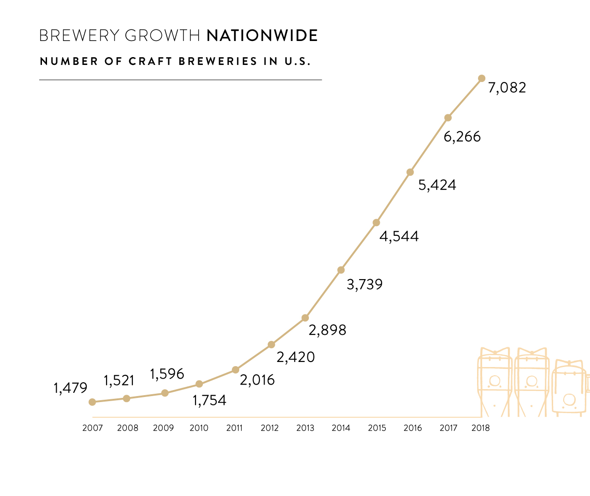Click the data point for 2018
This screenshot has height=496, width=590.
pyautogui.click(x=482, y=78)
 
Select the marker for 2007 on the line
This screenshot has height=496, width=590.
pyautogui.click(x=92, y=402)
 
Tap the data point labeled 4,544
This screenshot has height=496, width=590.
pyautogui.click(x=376, y=222)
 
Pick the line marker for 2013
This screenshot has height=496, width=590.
pyautogui.click(x=305, y=318)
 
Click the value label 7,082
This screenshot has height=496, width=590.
pyautogui.click(x=507, y=88)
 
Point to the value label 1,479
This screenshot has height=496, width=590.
pyautogui.click(x=71, y=388)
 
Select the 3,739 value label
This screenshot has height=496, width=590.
pyautogui.click(x=365, y=285)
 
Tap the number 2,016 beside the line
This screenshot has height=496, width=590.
pyautogui.click(x=257, y=380)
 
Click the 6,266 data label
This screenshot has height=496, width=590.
pyautogui.click(x=462, y=137)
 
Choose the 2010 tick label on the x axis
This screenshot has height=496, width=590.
pyautogui.click(x=199, y=428)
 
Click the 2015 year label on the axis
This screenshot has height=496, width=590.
pyautogui.click(x=377, y=428)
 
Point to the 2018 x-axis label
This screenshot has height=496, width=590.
pyautogui.click(x=481, y=428)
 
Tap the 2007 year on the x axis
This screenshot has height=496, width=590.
pyautogui.click(x=93, y=428)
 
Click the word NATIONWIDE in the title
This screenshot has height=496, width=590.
pyautogui.click(x=262, y=35)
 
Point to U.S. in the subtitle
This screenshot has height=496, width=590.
pyautogui.click(x=297, y=61)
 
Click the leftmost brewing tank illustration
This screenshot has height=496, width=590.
pyautogui.click(x=495, y=382)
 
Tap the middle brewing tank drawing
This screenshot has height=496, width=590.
pyautogui.click(x=531, y=382)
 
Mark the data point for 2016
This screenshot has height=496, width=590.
pyautogui.click(x=410, y=172)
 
